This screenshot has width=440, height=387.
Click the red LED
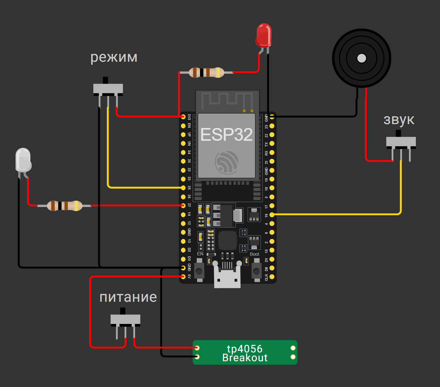tap(264, 35)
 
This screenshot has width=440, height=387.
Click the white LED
tap(23, 160)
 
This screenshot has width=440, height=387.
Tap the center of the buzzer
tap(361, 58)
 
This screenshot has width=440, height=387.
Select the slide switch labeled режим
tap(108, 89)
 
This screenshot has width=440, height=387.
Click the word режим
tap(114, 57)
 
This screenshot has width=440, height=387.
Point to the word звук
tap(399, 120)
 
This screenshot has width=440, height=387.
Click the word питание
tap(128, 297)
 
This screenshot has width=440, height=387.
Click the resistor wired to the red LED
tap(206, 73)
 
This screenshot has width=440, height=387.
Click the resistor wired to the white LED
tap(65, 206)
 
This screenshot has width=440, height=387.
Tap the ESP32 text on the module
tap(227, 135)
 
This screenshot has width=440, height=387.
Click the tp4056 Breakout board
tap(245, 353)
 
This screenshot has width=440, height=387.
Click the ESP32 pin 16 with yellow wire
tap(272, 215)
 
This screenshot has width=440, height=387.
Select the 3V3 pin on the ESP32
tap(183, 117)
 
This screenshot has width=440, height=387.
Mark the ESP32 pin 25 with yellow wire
tap(183, 188)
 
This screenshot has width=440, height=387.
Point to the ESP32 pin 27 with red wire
tap(183, 205)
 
